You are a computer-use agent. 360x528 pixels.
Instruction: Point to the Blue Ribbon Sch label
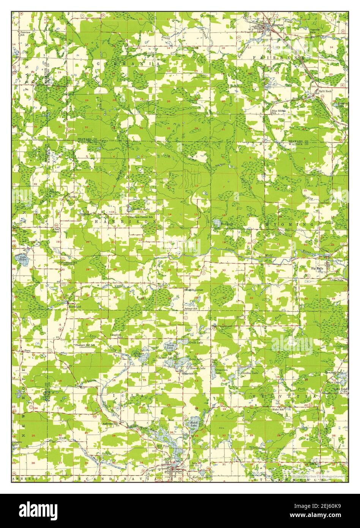pos(279,112)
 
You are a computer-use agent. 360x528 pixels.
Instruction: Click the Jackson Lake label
pos(140,209)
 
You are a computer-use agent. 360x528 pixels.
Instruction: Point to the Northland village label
pos(74,307)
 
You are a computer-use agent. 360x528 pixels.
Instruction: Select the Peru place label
pos(27,351)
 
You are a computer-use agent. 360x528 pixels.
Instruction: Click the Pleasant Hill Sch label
pos(84,345)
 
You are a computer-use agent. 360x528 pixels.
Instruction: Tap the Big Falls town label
pos(318,268)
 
